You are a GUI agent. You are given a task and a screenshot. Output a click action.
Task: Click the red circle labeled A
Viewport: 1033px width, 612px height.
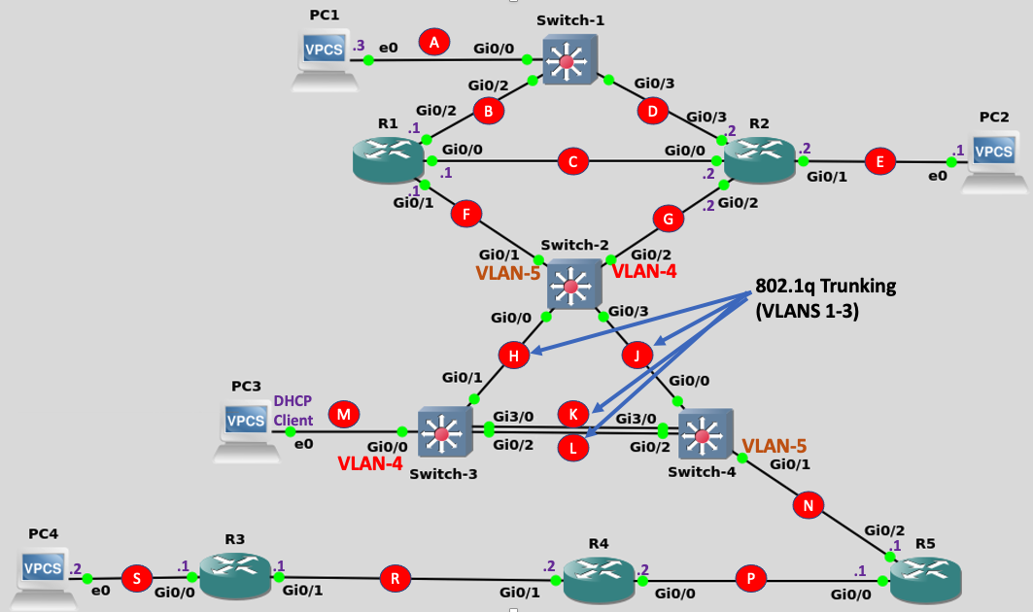435,41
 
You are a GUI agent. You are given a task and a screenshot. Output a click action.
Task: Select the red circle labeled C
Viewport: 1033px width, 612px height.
573,162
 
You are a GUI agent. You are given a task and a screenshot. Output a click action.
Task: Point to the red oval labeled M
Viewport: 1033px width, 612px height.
343,415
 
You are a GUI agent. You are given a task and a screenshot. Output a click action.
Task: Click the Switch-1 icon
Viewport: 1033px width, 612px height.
568,61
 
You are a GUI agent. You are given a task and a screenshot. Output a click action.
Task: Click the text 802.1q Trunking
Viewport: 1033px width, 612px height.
825,287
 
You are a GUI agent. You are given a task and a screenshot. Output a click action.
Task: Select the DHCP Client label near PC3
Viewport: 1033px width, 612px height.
293,410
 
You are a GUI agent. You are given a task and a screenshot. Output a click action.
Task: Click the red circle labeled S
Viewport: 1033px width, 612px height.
136,579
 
